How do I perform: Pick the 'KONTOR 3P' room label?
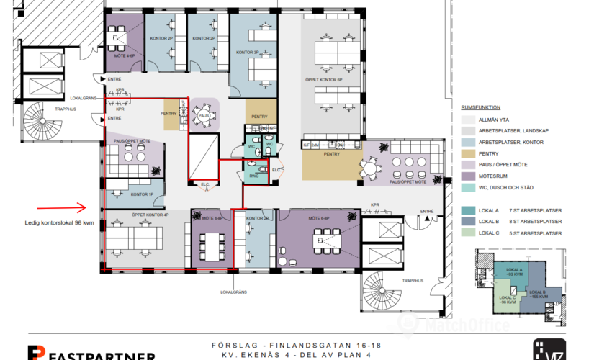click(257, 218)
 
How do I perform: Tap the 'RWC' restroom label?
click(253, 176)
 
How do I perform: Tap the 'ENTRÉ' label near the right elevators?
click(426, 211)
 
